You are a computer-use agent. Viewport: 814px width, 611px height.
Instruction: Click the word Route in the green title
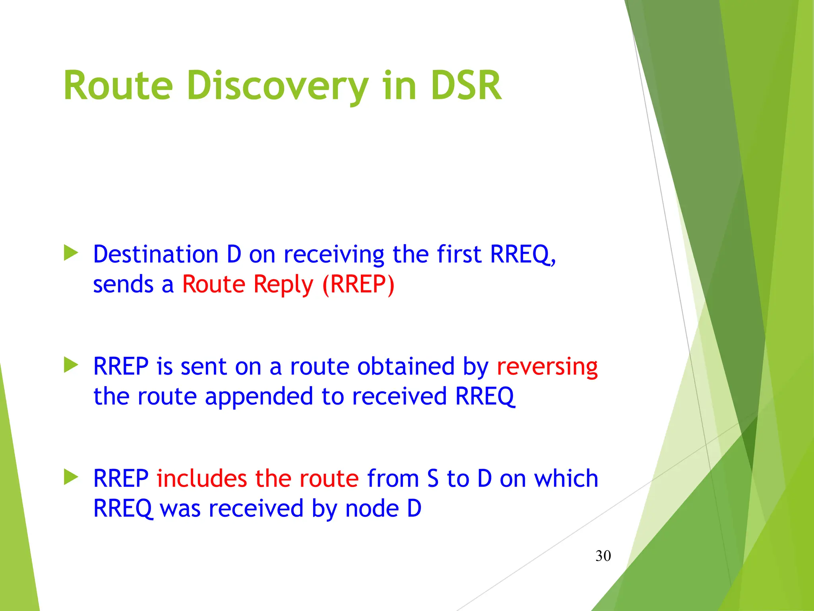point(118,86)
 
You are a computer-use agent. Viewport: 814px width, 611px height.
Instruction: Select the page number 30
point(603,556)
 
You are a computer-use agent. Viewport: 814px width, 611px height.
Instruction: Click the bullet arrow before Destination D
point(71,253)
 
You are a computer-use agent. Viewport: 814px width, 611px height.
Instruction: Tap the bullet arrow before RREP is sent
point(71,365)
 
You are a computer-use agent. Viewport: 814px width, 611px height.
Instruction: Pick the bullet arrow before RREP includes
point(71,477)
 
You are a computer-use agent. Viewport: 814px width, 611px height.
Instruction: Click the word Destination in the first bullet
point(155,254)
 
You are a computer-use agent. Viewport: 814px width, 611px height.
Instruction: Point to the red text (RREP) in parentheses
point(358,284)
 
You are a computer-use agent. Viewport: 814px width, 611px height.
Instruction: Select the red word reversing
point(547,367)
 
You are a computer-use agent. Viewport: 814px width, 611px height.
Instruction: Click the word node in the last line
point(372,509)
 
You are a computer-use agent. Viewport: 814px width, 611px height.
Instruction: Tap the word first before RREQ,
point(459,254)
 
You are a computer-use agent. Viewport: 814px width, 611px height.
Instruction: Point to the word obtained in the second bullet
point(406,366)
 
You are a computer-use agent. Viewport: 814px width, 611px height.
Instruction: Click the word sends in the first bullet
point(123,285)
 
